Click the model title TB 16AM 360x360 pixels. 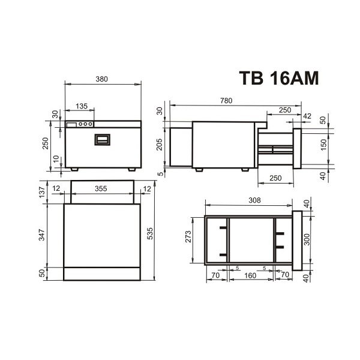[278, 79]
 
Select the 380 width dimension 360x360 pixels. [102, 78]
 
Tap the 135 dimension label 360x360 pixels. [81, 106]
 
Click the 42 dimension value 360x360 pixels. [307, 115]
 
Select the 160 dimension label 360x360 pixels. [250, 277]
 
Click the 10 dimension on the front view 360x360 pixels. [56, 158]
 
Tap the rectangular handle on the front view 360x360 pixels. [103, 139]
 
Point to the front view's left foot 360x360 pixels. [74, 169]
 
